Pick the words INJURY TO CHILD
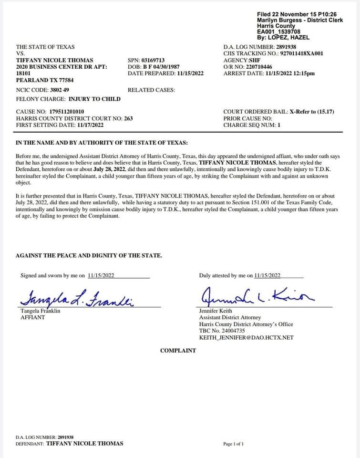tap(94, 99)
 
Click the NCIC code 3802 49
tap(60, 90)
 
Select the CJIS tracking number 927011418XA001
tap(301, 54)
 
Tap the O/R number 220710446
tap(259, 67)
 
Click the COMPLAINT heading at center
tap(178, 351)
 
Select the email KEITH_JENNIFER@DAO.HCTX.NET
tap(246, 338)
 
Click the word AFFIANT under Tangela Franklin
tap(32, 317)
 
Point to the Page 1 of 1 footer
tap(233, 444)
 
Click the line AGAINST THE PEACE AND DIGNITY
tap(89, 256)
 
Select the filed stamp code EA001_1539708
tap(278, 31)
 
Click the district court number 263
tap(128, 118)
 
